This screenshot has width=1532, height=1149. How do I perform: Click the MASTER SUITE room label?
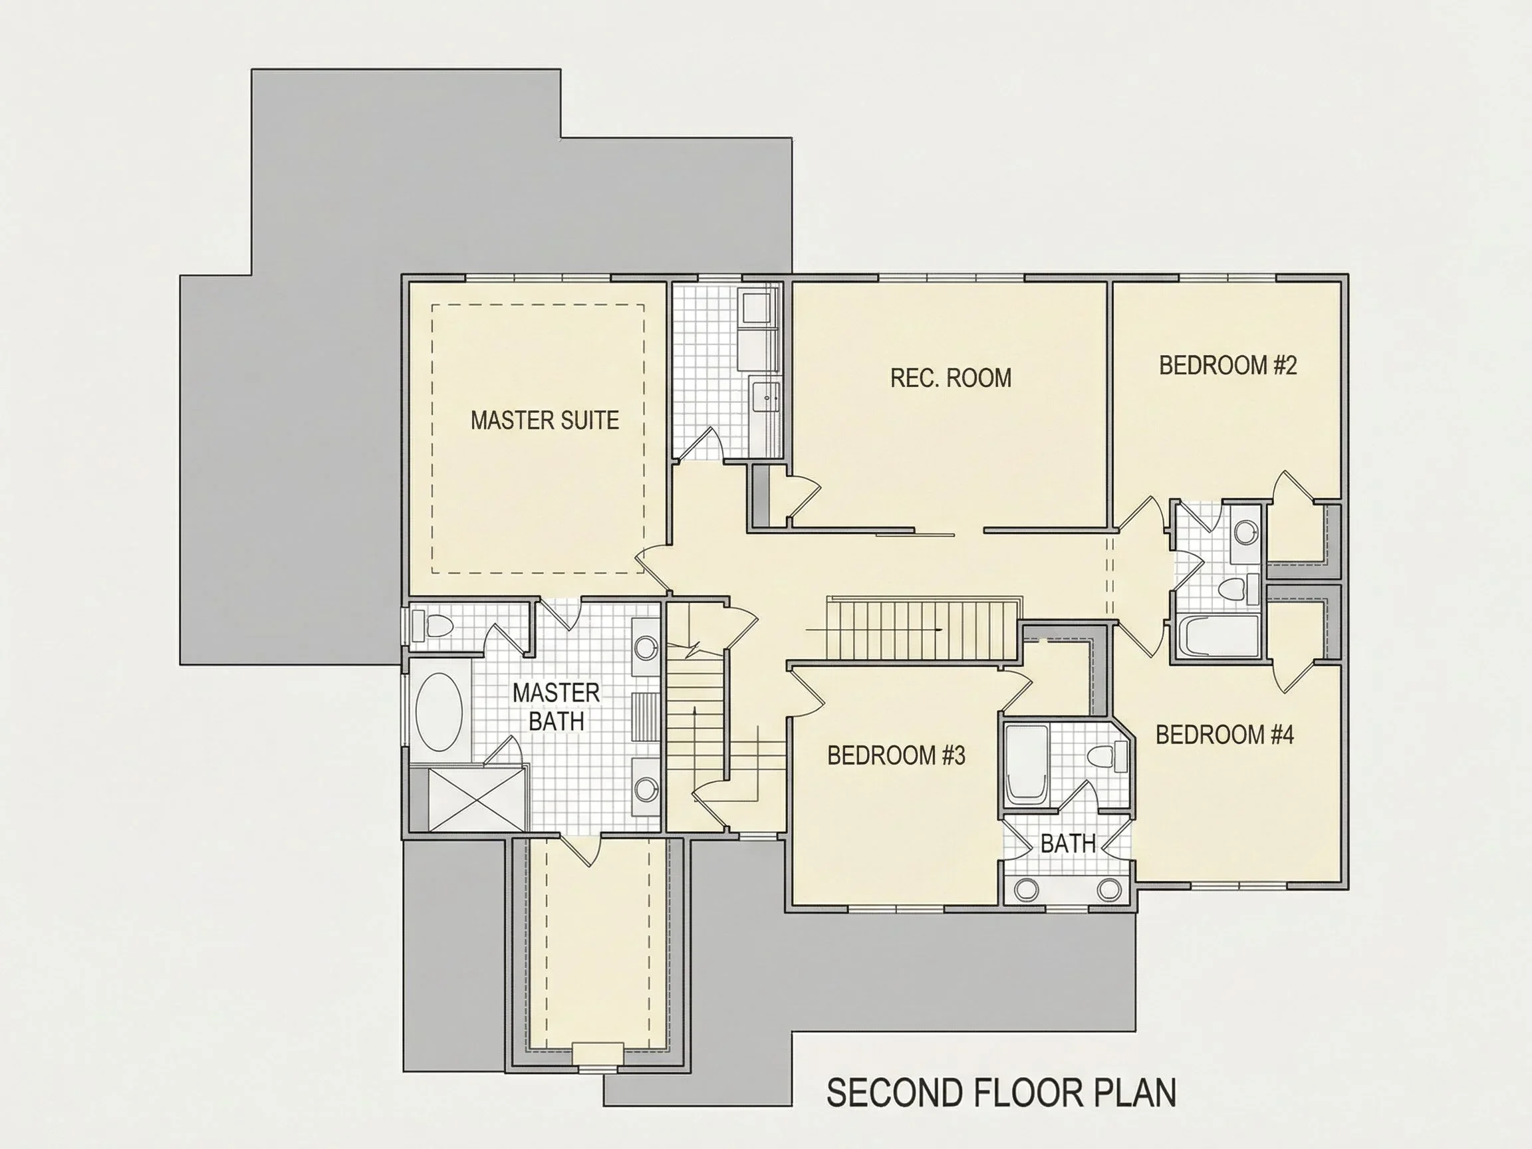coord(545,420)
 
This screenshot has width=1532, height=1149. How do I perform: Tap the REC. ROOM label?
coord(950,378)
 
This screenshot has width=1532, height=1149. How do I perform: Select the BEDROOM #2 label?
coord(1227,365)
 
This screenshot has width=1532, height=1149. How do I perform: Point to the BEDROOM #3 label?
coord(896,755)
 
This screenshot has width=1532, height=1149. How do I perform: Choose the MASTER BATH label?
coord(555,706)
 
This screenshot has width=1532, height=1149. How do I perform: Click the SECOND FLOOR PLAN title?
coord(1001,1093)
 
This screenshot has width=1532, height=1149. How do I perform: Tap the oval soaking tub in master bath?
coord(439,712)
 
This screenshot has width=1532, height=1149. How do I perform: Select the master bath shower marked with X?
coord(476,799)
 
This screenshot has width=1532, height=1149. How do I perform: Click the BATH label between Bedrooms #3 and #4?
coord(1068,844)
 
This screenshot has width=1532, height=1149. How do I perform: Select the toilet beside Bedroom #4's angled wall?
coord(1105,755)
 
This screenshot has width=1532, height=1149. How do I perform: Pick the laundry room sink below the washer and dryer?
coord(767,398)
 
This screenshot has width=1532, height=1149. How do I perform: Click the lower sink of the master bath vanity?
coord(646,788)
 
